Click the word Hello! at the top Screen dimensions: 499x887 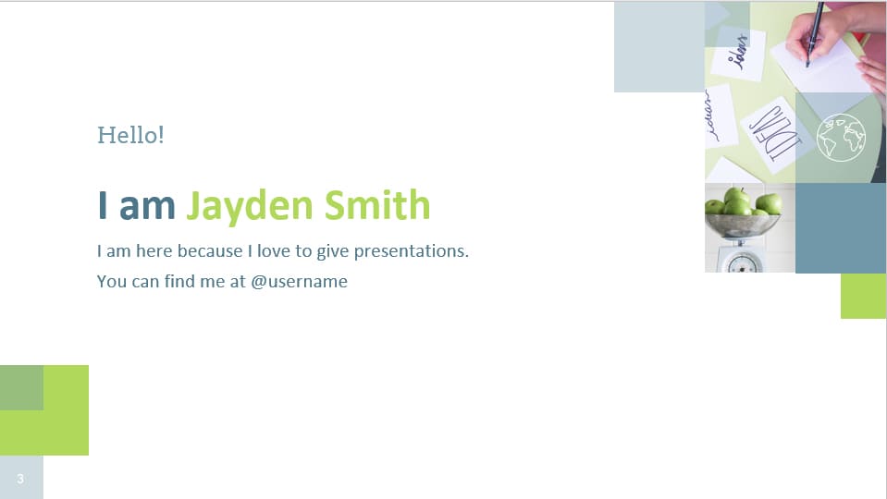point(130,135)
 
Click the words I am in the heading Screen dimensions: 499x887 point(136,204)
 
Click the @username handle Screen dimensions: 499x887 point(299,282)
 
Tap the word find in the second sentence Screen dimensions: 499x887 point(180,282)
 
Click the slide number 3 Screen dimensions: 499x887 point(20,478)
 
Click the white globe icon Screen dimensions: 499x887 point(841,138)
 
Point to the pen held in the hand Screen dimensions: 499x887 point(815,32)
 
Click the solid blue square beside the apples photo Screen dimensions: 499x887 point(841,228)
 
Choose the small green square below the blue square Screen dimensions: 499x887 point(863,296)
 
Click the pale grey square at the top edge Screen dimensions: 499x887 point(659,46)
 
